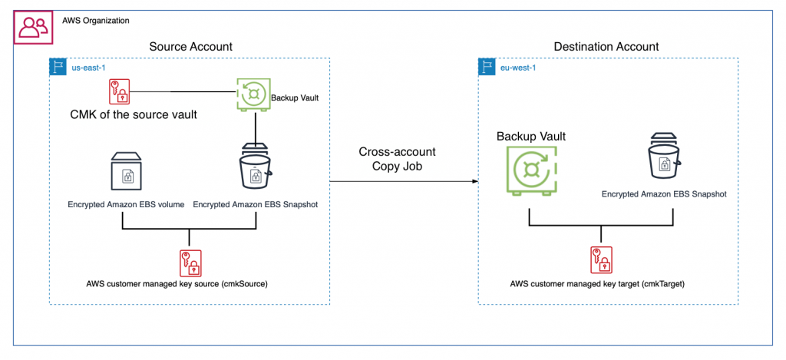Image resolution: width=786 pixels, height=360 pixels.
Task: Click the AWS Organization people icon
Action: (31, 28)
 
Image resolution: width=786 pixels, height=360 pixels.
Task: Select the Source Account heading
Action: (190, 48)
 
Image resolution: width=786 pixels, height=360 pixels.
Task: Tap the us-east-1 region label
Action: (87, 67)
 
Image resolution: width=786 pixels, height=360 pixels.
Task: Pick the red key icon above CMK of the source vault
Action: (119, 92)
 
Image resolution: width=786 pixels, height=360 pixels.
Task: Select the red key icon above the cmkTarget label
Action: (600, 261)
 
